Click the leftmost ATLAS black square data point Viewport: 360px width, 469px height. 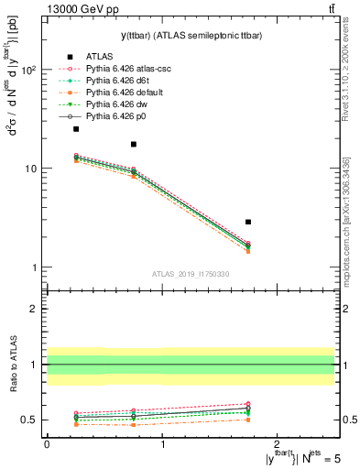[x=76, y=129]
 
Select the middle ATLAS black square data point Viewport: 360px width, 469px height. [x=134, y=144]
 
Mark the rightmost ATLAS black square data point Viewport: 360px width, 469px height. [x=248, y=222]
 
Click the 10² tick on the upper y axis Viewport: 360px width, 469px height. [x=30, y=70]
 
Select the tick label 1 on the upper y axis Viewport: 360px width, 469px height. [x=35, y=267]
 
